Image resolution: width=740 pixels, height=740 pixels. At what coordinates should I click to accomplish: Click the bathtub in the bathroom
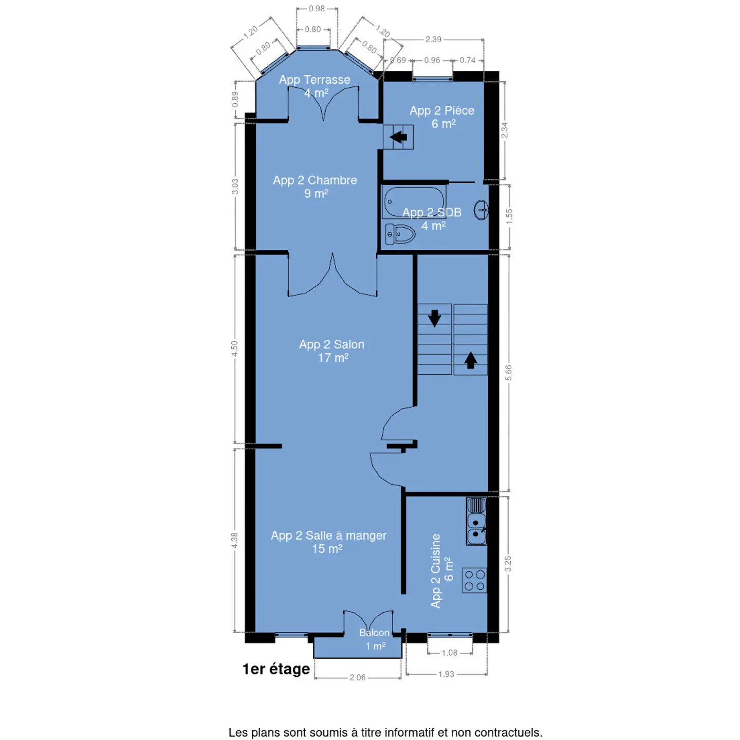414,202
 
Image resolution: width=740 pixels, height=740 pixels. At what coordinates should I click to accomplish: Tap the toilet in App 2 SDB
400,234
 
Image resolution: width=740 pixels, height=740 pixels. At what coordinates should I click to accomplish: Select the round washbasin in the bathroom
481,210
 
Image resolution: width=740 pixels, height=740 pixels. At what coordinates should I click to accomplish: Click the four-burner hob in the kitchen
474,580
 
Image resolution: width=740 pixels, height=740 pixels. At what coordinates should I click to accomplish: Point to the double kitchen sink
476,521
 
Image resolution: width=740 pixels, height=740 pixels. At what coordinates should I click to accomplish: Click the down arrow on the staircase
434,318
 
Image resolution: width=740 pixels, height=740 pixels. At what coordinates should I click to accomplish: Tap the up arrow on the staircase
470,360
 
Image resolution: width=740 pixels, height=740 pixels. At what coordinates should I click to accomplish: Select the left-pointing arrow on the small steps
398,137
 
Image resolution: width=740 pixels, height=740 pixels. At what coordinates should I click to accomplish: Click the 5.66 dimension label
508,373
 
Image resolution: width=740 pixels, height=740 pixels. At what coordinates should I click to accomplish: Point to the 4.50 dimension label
235,349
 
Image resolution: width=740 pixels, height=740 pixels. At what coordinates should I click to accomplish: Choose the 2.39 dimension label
433,39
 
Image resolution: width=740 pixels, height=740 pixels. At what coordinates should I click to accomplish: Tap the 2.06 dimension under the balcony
358,677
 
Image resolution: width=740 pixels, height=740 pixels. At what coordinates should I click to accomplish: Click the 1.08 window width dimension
449,653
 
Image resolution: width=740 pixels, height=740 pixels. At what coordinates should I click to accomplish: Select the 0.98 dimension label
317,8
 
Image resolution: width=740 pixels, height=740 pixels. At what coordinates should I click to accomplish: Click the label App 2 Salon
332,344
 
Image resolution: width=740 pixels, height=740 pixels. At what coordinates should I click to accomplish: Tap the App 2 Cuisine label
435,571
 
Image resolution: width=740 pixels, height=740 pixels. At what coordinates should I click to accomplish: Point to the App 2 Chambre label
315,180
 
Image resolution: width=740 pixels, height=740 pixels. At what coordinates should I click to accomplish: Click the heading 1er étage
276,669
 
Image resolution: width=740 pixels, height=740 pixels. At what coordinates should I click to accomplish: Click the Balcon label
374,633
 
